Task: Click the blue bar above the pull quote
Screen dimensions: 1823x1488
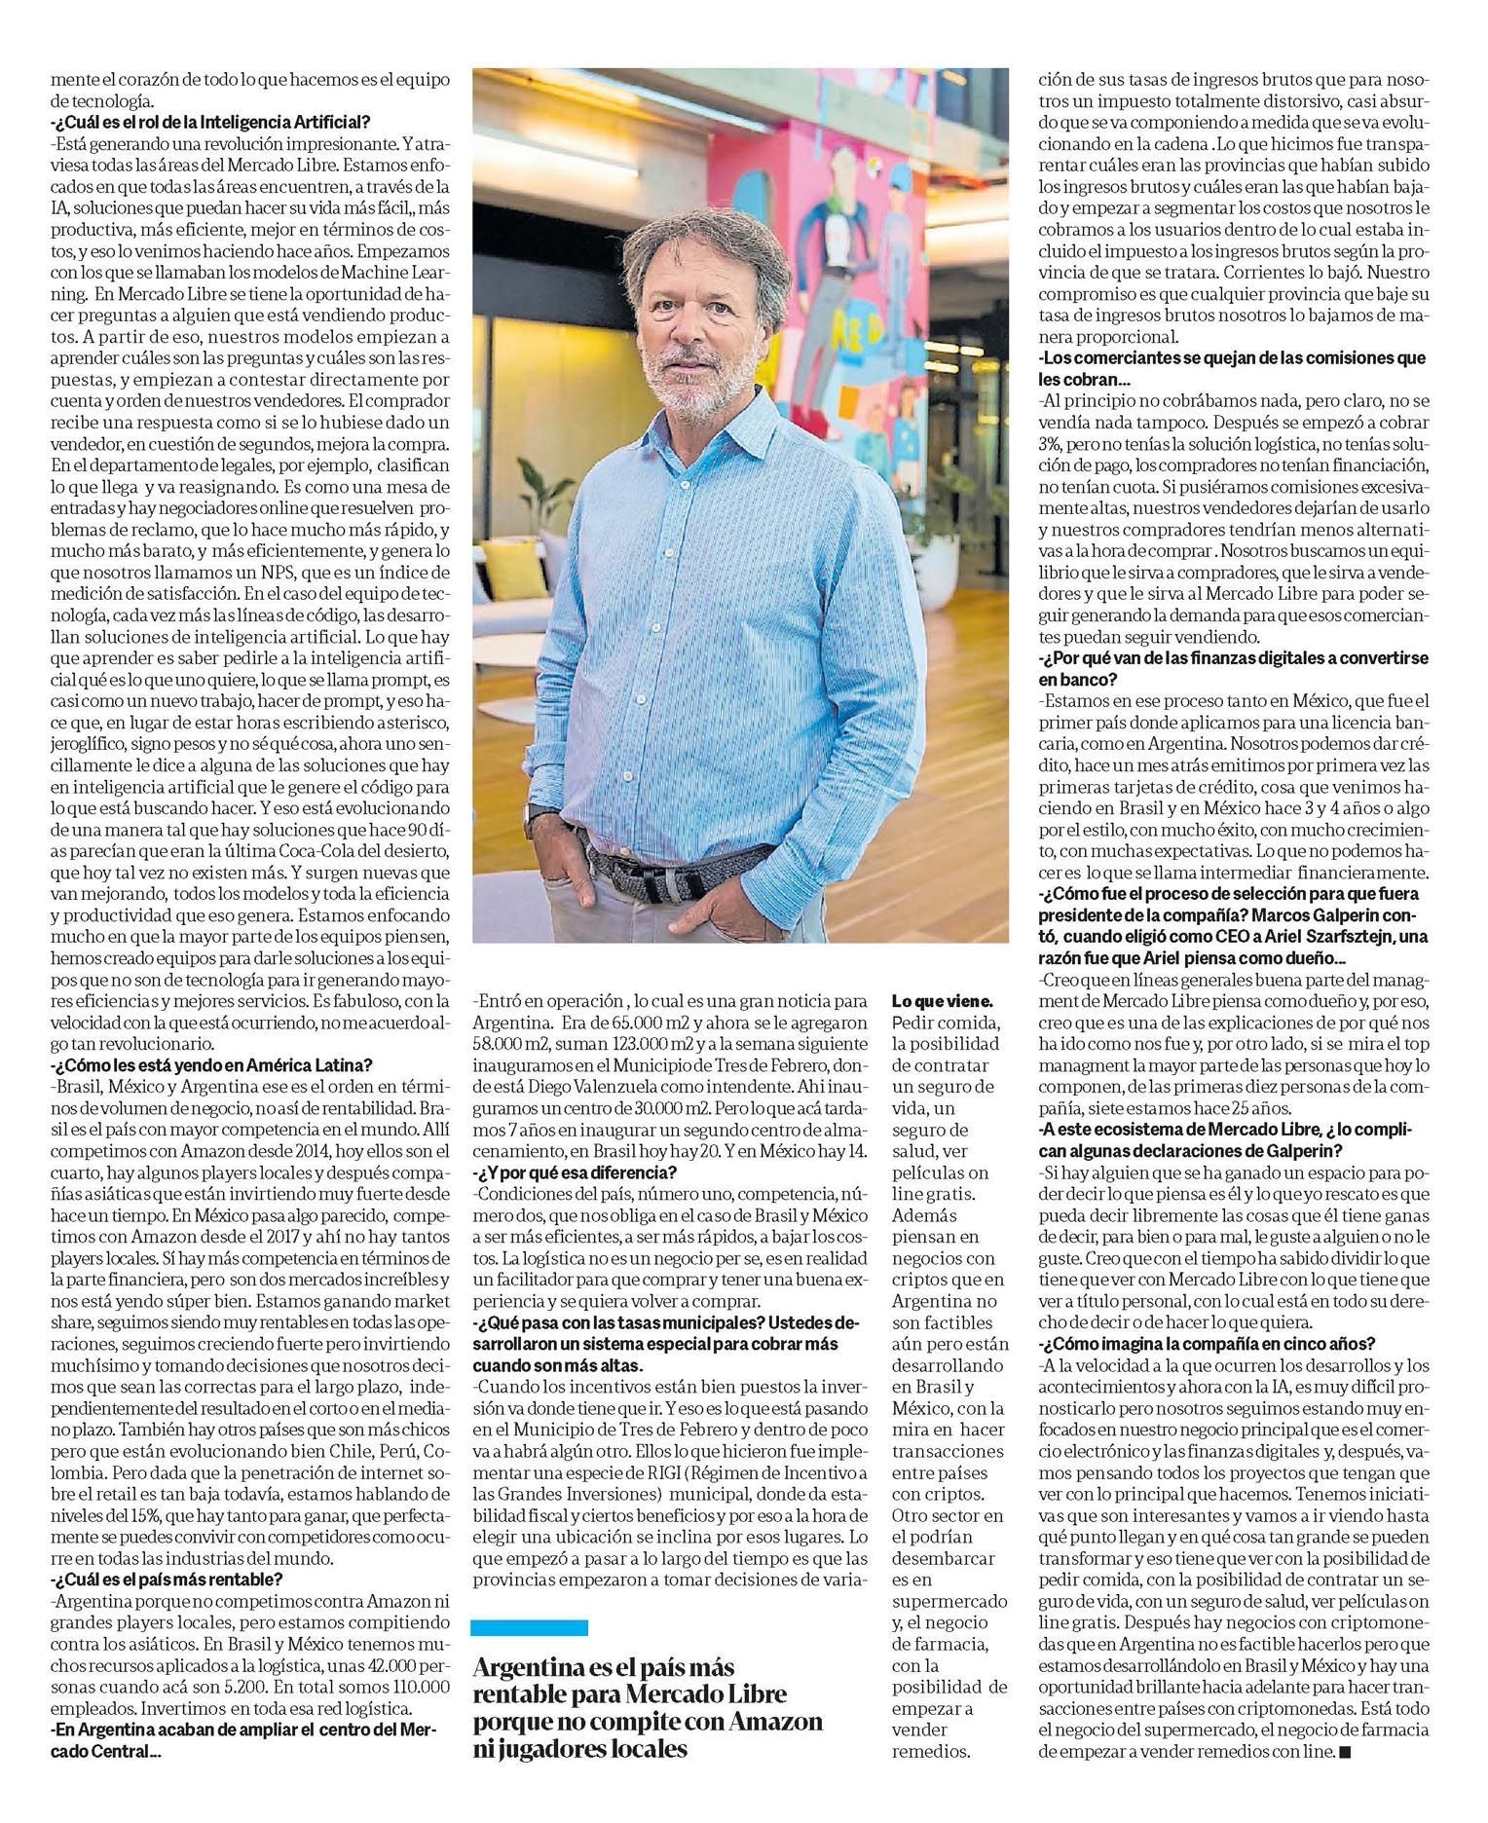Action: [x=530, y=1626]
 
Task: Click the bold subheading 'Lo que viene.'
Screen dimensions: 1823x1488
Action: [x=943, y=1000]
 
